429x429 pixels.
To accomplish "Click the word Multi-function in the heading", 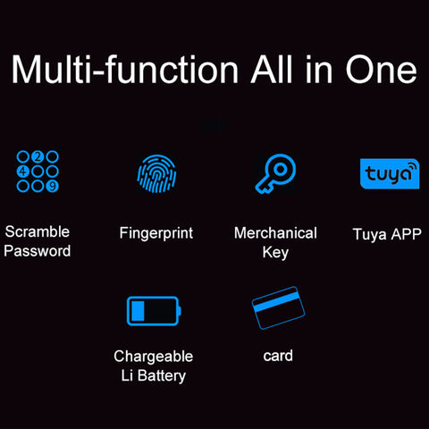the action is pyautogui.click(x=125, y=69).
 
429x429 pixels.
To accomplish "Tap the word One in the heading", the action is pyautogui.click(x=381, y=70).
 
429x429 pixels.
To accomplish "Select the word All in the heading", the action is pyautogui.click(x=272, y=69).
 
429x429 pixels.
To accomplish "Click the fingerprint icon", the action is pyautogui.click(x=156, y=173).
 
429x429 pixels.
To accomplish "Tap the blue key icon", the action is pyautogui.click(x=275, y=173).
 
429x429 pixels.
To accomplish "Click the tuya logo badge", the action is pyautogui.click(x=390, y=173).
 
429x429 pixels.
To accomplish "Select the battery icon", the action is pyautogui.click(x=154, y=311).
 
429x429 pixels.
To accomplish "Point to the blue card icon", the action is pyautogui.click(x=278, y=308).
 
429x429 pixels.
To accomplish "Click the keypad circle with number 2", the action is pyautogui.click(x=38, y=156).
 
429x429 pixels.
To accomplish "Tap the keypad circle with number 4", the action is pyautogui.click(x=23, y=172).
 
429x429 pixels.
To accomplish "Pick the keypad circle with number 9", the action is pyautogui.click(x=53, y=186).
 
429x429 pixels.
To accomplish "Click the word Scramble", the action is pyautogui.click(x=38, y=231).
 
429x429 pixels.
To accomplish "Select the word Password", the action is pyautogui.click(x=38, y=251).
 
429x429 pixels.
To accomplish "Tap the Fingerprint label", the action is pyautogui.click(x=156, y=233).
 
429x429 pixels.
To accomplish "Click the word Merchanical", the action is pyautogui.click(x=275, y=233).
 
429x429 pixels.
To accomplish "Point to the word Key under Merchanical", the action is pyautogui.click(x=275, y=253).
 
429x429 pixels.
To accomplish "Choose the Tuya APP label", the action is pyautogui.click(x=387, y=234).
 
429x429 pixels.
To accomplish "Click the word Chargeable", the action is pyautogui.click(x=154, y=357).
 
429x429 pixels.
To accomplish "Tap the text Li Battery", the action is pyautogui.click(x=154, y=376).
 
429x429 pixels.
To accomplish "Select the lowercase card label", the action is pyautogui.click(x=278, y=356).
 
